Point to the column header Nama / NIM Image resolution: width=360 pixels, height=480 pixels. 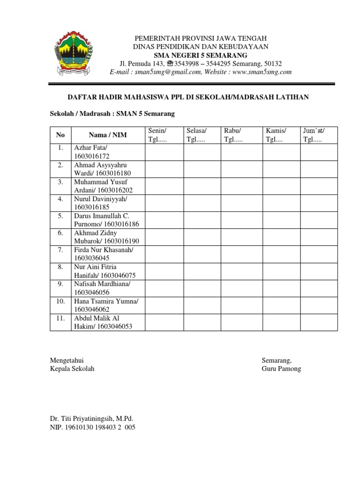pyautogui.click(x=108, y=135)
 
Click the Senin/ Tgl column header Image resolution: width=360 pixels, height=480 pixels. pyautogui.click(x=164, y=135)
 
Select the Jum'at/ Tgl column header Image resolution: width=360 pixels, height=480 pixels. pyautogui.click(x=319, y=135)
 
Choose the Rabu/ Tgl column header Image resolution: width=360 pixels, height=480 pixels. pyautogui.click(x=241, y=135)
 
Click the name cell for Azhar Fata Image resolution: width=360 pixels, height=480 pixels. pyautogui.click(x=108, y=152)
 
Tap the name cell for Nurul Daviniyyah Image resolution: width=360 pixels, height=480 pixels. pyautogui.click(x=108, y=203)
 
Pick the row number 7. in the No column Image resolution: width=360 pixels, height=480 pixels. pyautogui.click(x=60, y=250)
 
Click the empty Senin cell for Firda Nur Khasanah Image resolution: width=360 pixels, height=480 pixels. pyautogui.click(x=164, y=254)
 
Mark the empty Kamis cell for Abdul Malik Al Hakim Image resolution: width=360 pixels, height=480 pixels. pyautogui.click(x=281, y=322)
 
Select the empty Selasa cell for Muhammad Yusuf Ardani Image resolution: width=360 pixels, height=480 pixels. pyautogui.click(x=202, y=186)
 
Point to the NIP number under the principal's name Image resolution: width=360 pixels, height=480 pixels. pyautogui.click(x=92, y=427)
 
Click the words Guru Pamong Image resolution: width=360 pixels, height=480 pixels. pyautogui.click(x=281, y=368)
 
